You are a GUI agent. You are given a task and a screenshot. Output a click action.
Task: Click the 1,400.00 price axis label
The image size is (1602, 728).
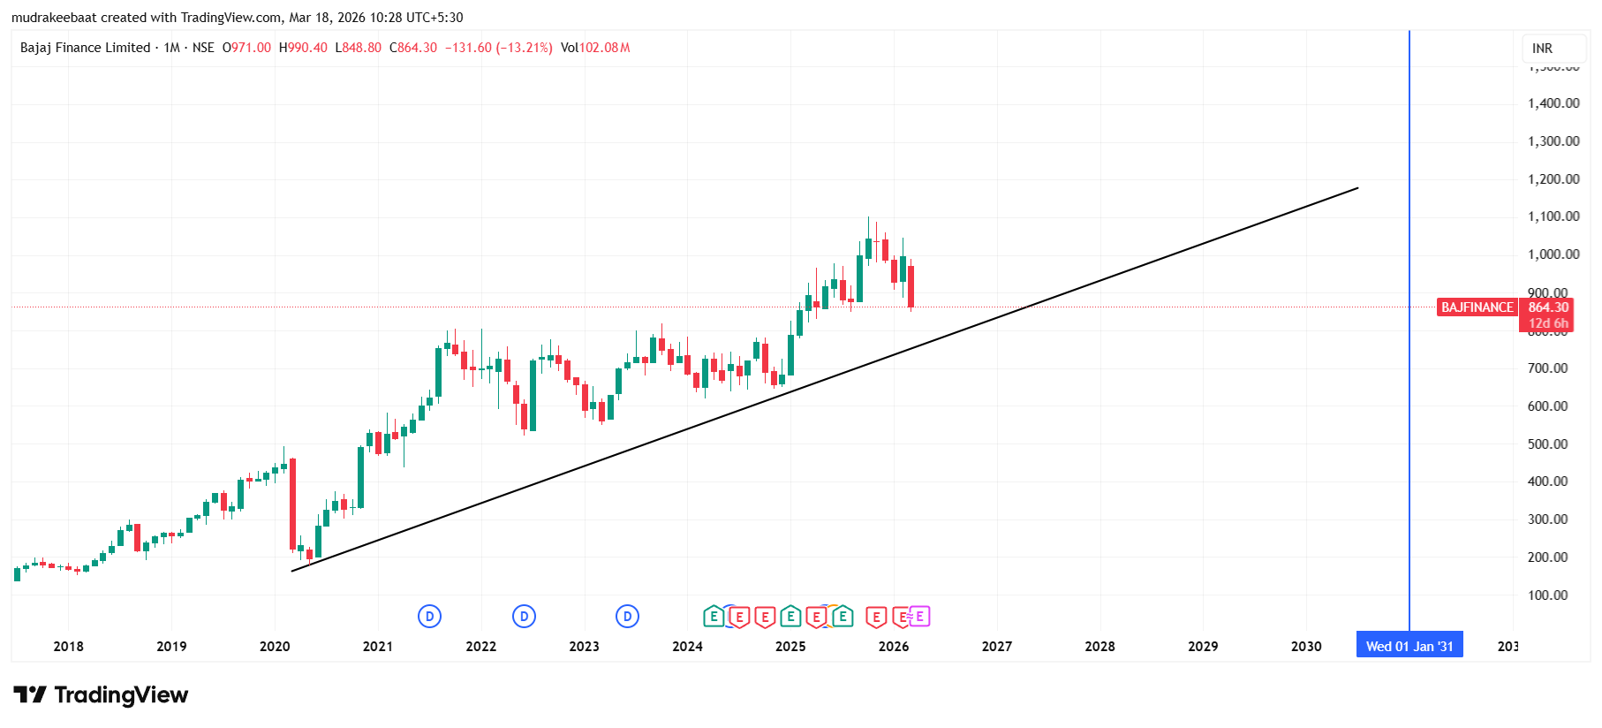pyautogui.click(x=1553, y=103)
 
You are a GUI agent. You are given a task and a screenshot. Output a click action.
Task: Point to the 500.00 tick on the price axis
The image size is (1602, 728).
pyautogui.click(x=1547, y=444)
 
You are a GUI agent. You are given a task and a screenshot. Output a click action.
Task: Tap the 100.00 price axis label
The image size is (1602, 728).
pyautogui.click(x=1547, y=595)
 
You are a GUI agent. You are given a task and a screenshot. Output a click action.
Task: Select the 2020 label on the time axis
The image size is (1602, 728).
pyautogui.click(x=275, y=647)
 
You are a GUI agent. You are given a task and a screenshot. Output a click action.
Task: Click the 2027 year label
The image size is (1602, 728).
pyautogui.click(x=997, y=647)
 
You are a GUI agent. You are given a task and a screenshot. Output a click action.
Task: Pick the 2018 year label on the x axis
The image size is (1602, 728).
pyautogui.click(x=68, y=647)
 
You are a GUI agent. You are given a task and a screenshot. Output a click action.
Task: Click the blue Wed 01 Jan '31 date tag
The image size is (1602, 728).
pyautogui.click(x=1409, y=646)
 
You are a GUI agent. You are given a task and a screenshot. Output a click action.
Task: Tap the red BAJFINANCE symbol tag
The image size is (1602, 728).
pyautogui.click(x=1477, y=307)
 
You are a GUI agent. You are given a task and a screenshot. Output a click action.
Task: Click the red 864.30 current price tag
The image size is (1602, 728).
pyautogui.click(x=1548, y=307)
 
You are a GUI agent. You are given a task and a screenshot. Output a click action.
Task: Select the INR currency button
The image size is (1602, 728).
pyautogui.click(x=1542, y=49)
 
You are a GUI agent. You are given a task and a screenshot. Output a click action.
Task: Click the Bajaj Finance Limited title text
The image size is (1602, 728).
pyautogui.click(x=85, y=48)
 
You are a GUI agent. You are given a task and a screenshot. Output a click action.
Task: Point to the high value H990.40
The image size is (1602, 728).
pyautogui.click(x=303, y=48)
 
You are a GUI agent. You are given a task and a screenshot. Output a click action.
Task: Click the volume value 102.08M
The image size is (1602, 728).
pyautogui.click(x=604, y=48)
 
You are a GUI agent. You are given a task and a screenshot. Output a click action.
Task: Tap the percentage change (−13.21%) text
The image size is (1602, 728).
pyautogui.click(x=524, y=48)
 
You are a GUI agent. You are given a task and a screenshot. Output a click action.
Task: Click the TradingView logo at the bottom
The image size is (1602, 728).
pyautogui.click(x=101, y=695)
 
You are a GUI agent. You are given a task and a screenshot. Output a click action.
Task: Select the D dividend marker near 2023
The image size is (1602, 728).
pyautogui.click(x=627, y=617)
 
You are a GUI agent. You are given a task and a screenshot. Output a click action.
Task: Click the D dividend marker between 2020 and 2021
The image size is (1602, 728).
pyautogui.click(x=429, y=617)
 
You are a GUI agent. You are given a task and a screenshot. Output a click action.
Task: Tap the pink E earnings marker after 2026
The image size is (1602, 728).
pyautogui.click(x=919, y=617)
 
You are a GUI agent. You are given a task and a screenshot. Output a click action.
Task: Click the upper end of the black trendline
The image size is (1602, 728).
pyautogui.click(x=1357, y=188)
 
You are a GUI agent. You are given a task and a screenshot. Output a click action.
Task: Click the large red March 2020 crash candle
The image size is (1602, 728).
pyautogui.click(x=292, y=504)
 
